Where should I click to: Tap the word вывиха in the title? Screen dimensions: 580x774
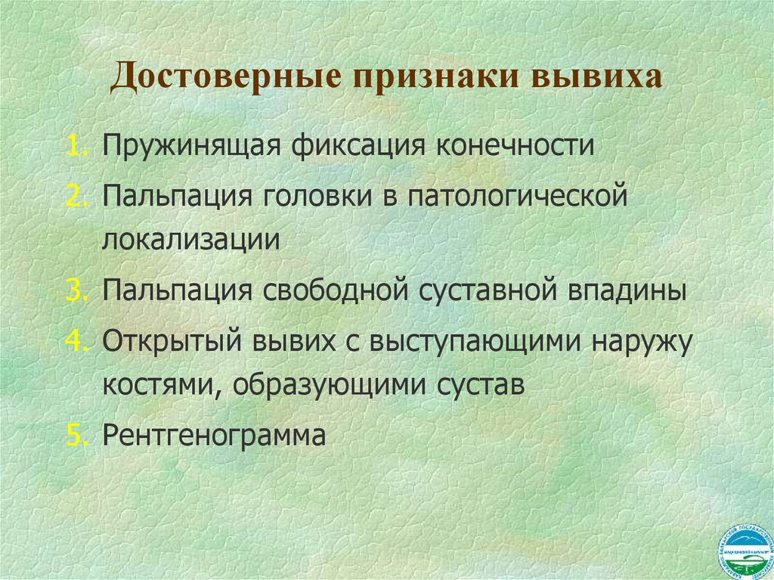point(597,78)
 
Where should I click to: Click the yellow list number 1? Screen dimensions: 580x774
point(79,144)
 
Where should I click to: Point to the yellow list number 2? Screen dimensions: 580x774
point(79,195)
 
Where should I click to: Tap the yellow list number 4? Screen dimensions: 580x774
point(79,340)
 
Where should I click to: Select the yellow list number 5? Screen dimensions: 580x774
point(79,435)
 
